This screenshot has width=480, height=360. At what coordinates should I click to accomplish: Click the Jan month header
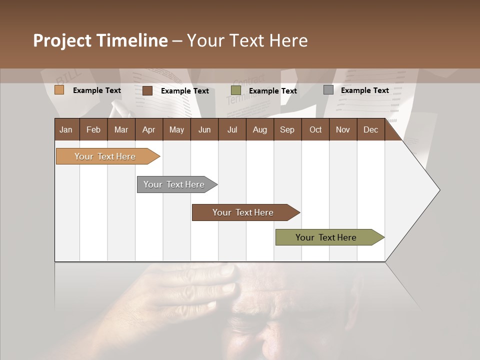[x=66, y=129]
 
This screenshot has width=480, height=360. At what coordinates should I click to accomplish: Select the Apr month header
[x=148, y=129]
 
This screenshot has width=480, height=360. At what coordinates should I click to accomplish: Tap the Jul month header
[x=232, y=129]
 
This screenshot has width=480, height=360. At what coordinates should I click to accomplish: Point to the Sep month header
[x=287, y=129]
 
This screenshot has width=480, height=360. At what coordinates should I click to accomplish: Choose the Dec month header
[x=370, y=129]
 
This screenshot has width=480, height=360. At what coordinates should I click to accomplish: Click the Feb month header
[x=93, y=129]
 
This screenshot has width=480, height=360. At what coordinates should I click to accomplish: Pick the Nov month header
[x=342, y=129]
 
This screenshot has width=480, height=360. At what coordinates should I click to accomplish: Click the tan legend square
[x=59, y=90]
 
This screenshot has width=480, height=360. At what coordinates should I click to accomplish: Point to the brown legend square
[x=147, y=90]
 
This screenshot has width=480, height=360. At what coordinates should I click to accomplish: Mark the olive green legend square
[x=236, y=90]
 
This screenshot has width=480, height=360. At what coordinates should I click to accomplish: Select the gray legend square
[x=328, y=90]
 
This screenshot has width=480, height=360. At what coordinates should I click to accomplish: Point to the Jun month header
[x=204, y=129]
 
